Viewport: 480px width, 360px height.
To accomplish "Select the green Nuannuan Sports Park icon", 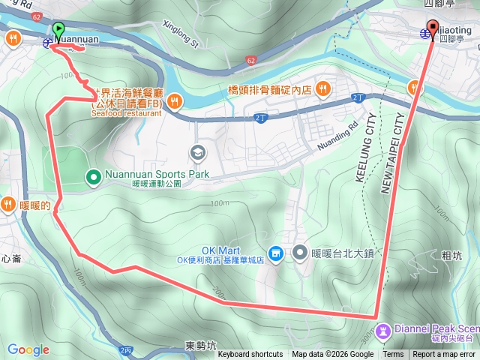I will pos(94,177).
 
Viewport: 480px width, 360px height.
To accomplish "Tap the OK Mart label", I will pos(219,250).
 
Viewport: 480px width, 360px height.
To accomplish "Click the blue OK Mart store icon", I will pos(276,254).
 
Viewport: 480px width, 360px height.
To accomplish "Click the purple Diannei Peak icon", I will pos(383,329).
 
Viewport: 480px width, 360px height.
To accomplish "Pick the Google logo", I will pos(28,349).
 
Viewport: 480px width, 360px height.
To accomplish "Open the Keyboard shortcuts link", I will pos(250,355).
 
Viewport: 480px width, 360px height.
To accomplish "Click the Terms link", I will pos(393,355).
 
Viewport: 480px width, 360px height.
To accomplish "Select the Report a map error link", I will pos(443,355).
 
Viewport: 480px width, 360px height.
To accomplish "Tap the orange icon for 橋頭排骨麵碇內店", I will pos(323,88).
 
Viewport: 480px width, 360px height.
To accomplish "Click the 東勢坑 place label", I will pos(200,346).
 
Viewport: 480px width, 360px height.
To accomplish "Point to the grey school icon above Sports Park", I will pos(197,152).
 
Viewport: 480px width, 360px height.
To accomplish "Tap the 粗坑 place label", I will pos(451,255).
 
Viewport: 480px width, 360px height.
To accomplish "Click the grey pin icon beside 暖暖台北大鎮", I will pos(301,253).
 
